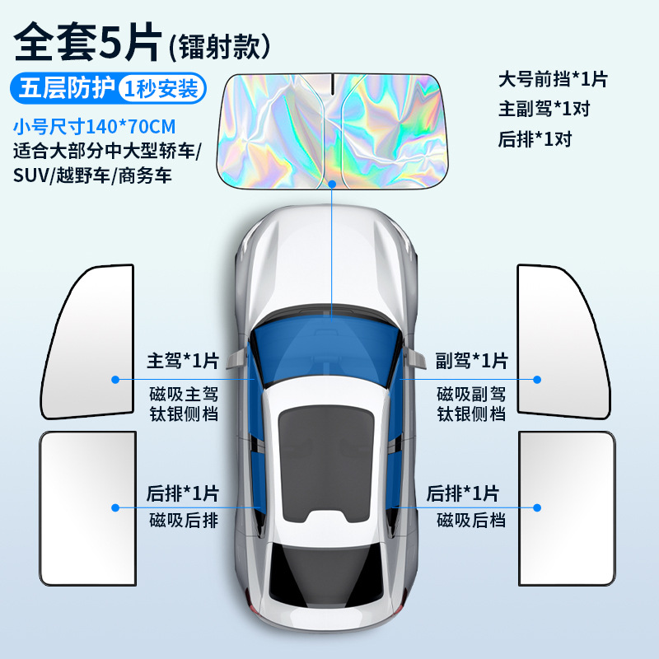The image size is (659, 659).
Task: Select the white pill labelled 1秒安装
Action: [161, 88]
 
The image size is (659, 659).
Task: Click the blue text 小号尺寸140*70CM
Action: [95, 128]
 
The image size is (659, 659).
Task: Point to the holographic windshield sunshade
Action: [329, 124]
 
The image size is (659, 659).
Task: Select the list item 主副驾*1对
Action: [544, 109]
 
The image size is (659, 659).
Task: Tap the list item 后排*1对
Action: [535, 138]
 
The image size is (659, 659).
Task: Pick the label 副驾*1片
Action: [472, 361]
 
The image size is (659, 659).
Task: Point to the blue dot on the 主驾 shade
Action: [115, 380]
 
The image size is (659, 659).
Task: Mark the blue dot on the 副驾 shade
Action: [537, 380]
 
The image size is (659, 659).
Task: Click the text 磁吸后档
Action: [471, 520]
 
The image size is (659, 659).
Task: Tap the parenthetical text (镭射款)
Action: [220, 45]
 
